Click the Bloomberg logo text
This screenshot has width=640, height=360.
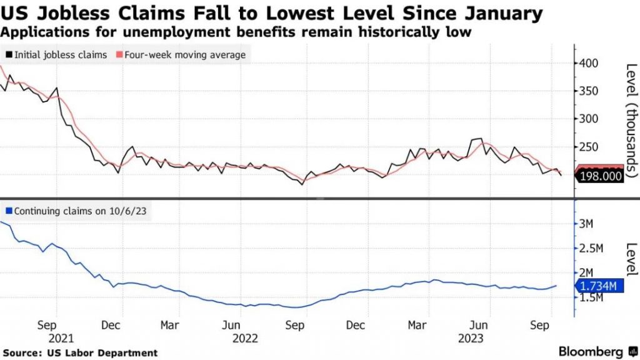click(590, 351)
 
